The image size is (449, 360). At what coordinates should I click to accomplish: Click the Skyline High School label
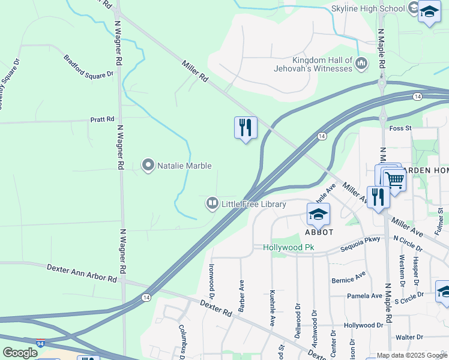(369, 8)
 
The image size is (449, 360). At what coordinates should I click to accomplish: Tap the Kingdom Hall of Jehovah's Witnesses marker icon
(361, 63)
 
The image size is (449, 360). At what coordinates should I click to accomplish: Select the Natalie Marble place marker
(148, 166)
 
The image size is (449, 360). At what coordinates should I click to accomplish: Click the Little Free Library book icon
(212, 204)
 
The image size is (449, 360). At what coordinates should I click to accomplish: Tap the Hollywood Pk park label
(289, 247)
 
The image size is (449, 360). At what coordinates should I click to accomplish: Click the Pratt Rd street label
(102, 119)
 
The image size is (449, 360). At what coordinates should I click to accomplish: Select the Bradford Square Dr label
(89, 67)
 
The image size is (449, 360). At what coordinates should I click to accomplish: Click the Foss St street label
(400, 128)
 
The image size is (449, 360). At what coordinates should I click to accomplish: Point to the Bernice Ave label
(348, 280)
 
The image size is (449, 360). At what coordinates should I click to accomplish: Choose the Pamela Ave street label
(364, 296)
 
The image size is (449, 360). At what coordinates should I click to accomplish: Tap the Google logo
(20, 353)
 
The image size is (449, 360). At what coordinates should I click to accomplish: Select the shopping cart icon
(394, 179)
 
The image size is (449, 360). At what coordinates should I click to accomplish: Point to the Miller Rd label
(195, 70)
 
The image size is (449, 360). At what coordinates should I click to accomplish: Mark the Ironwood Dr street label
(211, 281)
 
